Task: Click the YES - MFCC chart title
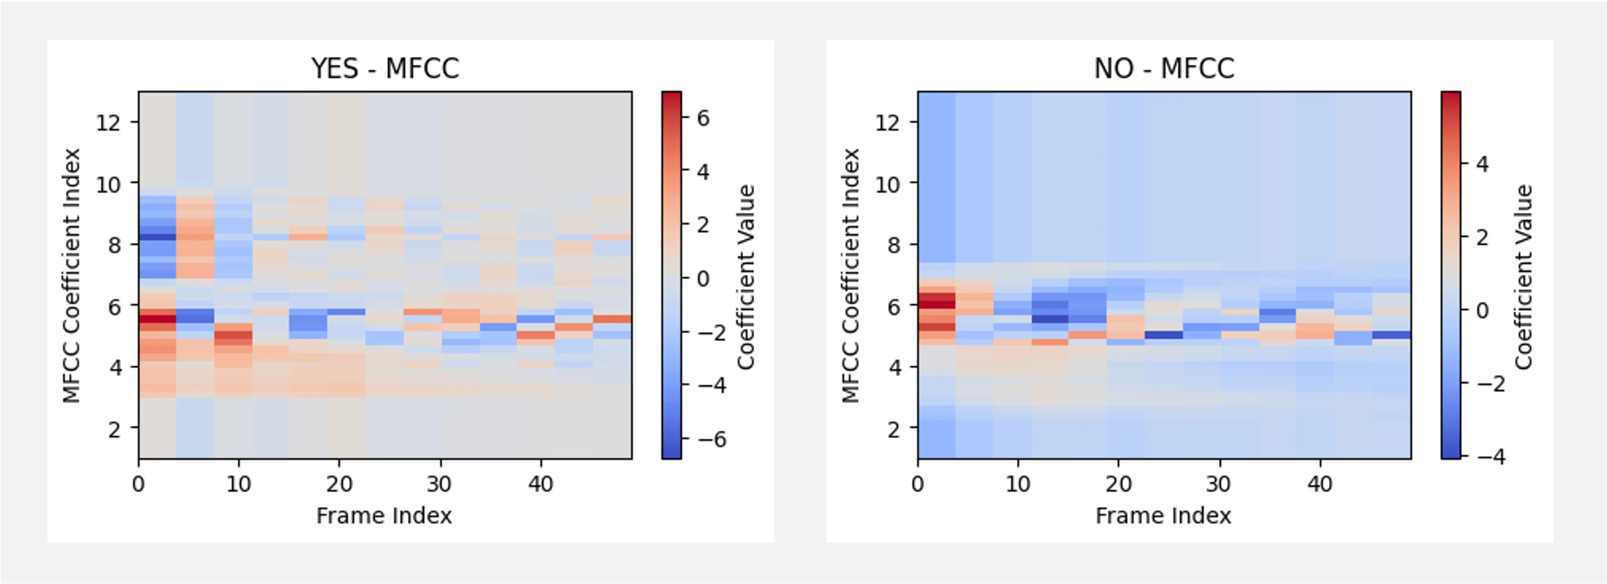click(x=385, y=68)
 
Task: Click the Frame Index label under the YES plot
click(x=384, y=516)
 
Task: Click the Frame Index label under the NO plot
click(x=1163, y=516)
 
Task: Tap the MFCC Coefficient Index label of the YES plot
click(x=71, y=275)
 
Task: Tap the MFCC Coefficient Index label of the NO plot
click(x=850, y=275)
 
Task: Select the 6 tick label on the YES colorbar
click(x=703, y=118)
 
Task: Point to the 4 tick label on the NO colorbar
click(x=1482, y=164)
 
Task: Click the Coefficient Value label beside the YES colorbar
click(x=745, y=277)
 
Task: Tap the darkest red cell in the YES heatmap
click(x=157, y=318)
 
